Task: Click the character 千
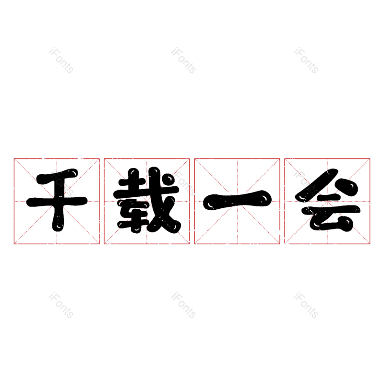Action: tap(57, 200)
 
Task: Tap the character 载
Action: tap(147, 200)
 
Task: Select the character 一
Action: tap(237, 200)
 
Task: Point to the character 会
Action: tap(327, 200)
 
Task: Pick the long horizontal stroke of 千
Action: tap(57, 202)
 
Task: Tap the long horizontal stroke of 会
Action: tap(331, 210)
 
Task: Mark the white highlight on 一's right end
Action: tap(264, 197)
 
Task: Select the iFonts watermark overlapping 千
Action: tap(61, 182)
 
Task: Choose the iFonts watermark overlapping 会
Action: tap(306, 182)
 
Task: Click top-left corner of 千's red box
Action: tap(14, 159)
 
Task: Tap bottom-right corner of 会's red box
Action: tap(370, 244)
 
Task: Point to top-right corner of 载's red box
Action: tap(190, 159)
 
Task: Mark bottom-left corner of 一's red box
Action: tap(194, 244)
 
